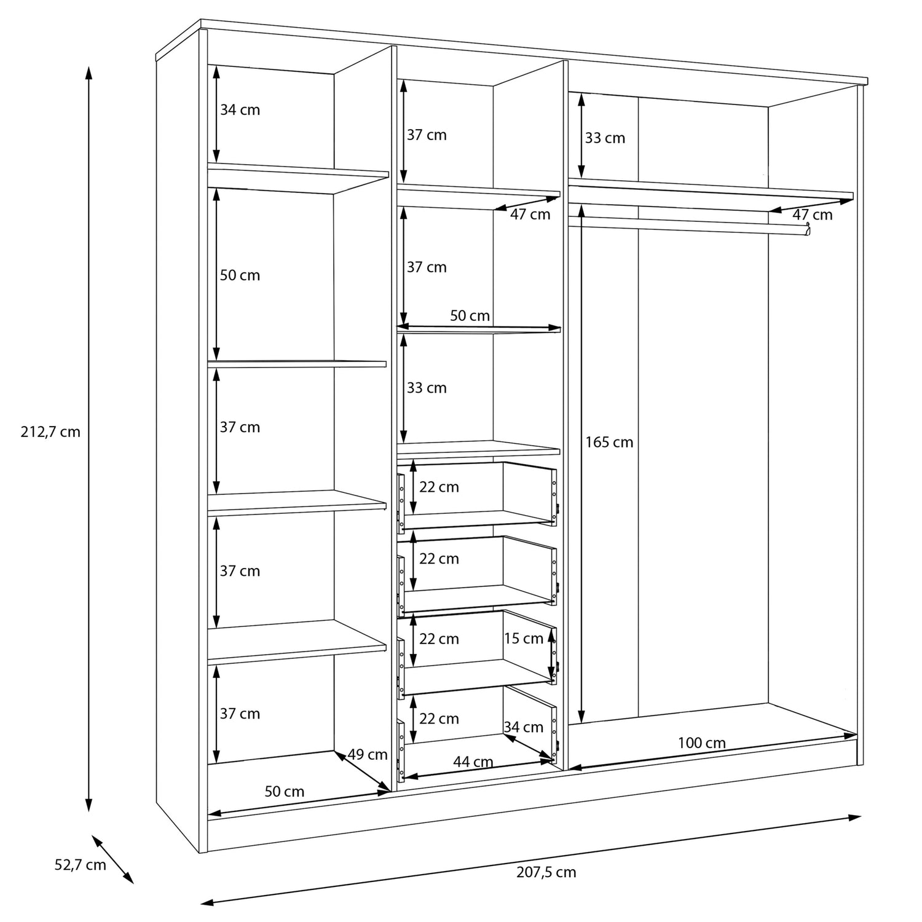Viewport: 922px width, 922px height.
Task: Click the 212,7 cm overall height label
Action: (51, 431)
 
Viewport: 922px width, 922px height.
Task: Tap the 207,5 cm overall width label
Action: (546, 872)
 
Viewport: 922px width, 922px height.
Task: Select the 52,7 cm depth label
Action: (81, 865)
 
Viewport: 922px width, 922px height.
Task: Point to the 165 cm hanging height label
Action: (609, 442)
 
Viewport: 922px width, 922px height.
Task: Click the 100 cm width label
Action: (702, 743)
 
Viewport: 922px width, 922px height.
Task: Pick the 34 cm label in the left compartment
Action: (240, 110)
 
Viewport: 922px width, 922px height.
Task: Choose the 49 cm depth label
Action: (368, 754)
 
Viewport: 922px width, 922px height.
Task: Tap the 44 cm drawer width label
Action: (473, 762)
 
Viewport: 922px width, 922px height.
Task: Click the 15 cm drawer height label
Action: (524, 639)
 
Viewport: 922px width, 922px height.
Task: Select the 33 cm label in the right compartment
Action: (605, 138)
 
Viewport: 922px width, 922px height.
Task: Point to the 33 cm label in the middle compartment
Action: (427, 388)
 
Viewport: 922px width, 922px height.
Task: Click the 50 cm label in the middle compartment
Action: (470, 316)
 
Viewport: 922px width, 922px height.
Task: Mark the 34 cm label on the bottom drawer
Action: (524, 727)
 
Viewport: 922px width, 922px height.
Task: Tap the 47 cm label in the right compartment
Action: (813, 215)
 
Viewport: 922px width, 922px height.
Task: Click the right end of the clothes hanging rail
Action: (808, 230)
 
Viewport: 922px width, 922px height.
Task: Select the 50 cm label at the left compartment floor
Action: (285, 791)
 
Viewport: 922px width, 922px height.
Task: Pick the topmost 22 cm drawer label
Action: (439, 487)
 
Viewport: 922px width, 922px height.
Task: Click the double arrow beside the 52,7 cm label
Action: (112, 859)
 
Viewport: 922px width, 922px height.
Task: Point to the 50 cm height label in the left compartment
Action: (240, 275)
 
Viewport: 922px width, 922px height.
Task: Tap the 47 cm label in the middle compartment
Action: (530, 215)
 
